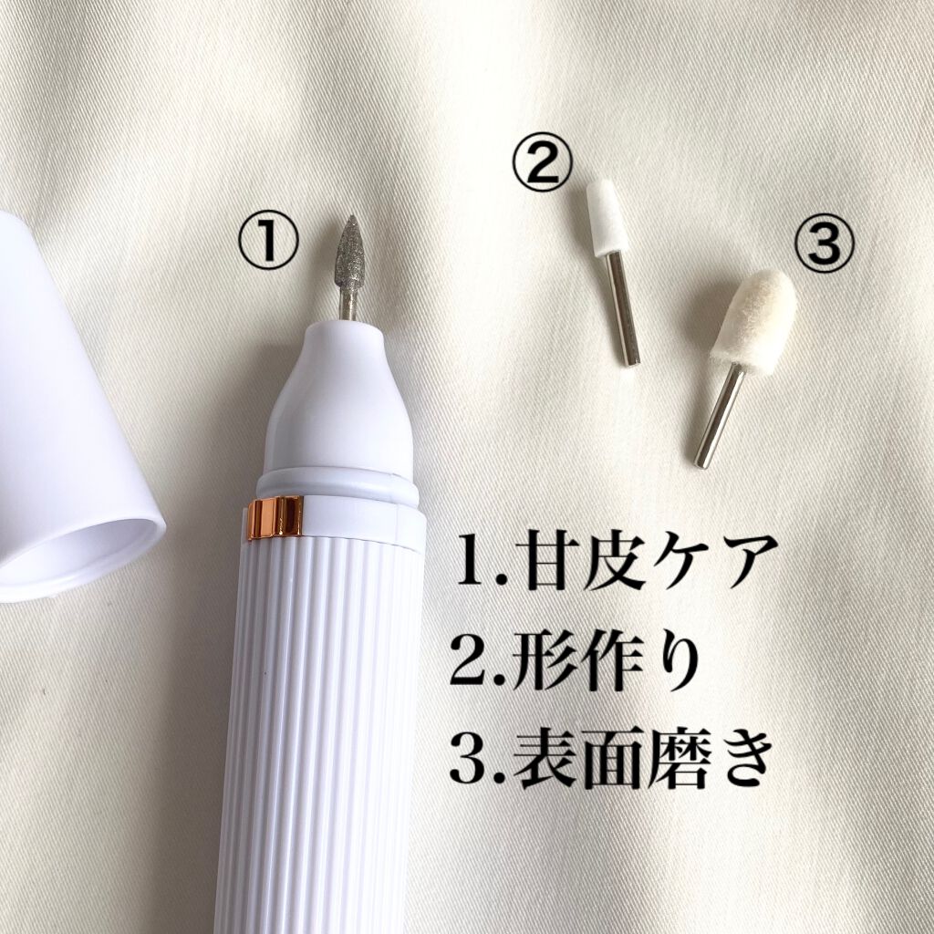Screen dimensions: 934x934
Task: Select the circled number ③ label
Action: point(825,243)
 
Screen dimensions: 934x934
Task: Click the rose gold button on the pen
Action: point(276,517)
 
